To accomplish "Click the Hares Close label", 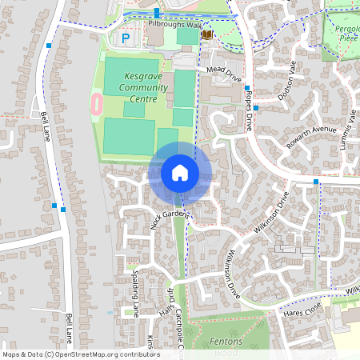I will [302, 310].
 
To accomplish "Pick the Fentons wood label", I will [226, 346].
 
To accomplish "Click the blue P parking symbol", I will [125, 38].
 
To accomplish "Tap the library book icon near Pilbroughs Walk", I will [207, 34].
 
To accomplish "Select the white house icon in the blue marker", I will [180, 173].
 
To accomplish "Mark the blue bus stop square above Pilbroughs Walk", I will [157, 12].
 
